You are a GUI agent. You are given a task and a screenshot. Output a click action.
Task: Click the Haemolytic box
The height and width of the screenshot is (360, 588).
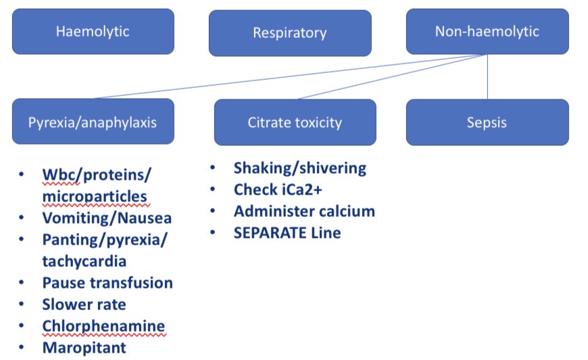93,31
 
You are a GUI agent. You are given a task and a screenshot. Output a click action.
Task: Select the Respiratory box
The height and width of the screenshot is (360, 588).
289,32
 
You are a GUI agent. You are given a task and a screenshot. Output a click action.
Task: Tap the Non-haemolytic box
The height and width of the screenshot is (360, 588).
487,31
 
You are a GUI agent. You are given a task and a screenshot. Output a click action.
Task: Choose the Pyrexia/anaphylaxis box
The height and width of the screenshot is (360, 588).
93,122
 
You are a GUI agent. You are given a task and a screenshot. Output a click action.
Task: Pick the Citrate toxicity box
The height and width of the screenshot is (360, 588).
295,122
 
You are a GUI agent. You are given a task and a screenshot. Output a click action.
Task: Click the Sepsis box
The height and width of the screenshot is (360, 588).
487,122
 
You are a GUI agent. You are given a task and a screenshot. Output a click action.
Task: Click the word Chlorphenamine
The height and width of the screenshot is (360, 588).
103,326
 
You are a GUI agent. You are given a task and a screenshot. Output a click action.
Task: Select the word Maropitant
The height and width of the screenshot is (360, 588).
84,348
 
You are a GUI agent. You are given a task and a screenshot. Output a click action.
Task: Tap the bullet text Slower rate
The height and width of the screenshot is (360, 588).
84,305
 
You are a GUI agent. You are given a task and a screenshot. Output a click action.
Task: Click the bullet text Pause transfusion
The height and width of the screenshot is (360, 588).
107,282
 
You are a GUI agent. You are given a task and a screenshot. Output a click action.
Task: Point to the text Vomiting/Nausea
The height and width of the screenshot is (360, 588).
107,218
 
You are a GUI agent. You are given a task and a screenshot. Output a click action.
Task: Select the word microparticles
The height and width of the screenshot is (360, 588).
94,197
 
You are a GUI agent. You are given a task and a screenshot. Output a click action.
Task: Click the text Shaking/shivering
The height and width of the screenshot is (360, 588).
299,168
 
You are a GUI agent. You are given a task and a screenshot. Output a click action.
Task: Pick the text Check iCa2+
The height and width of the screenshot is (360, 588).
278,190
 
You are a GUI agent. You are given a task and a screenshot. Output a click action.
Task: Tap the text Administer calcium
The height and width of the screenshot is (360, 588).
304,211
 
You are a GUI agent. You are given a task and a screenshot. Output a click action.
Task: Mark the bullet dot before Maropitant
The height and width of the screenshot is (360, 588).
22,348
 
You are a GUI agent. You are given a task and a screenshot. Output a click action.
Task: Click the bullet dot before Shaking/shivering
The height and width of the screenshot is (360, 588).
214,168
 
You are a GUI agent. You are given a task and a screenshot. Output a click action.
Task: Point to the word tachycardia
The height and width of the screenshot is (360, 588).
84,261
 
